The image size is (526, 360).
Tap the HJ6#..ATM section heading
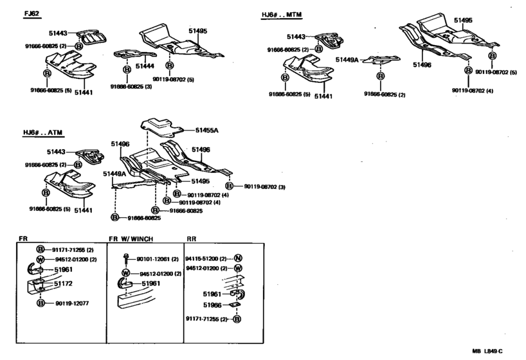click(x=46, y=133)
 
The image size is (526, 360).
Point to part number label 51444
click(x=145, y=66)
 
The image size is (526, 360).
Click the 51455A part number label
click(x=206, y=130)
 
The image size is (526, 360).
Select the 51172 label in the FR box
click(x=63, y=283)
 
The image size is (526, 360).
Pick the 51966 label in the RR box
click(x=212, y=305)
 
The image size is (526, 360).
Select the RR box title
click(x=191, y=239)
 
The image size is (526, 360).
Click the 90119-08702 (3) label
click(x=264, y=186)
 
